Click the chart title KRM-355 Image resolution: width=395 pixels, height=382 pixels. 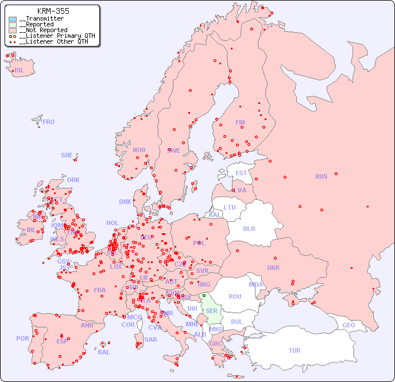(53, 11)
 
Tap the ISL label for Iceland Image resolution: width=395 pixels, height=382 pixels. (20, 71)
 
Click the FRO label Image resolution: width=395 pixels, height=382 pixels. (49, 122)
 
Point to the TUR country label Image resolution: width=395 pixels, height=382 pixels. (295, 350)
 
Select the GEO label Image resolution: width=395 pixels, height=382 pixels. (348, 325)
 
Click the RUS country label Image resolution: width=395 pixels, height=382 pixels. (321, 176)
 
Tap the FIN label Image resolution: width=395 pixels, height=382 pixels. (240, 122)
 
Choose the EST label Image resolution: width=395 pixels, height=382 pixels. (241, 173)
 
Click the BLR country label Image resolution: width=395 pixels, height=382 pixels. (249, 228)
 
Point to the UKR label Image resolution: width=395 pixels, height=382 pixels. (273, 268)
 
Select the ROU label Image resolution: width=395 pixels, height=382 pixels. (235, 296)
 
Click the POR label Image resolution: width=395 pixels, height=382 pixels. (22, 338)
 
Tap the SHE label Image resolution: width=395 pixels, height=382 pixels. (67, 155)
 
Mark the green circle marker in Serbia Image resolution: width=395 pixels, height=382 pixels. (203, 295)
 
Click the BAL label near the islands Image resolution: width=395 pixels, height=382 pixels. (104, 352)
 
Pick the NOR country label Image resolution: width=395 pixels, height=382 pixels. (139, 150)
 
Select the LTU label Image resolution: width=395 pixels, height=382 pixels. (230, 207)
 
